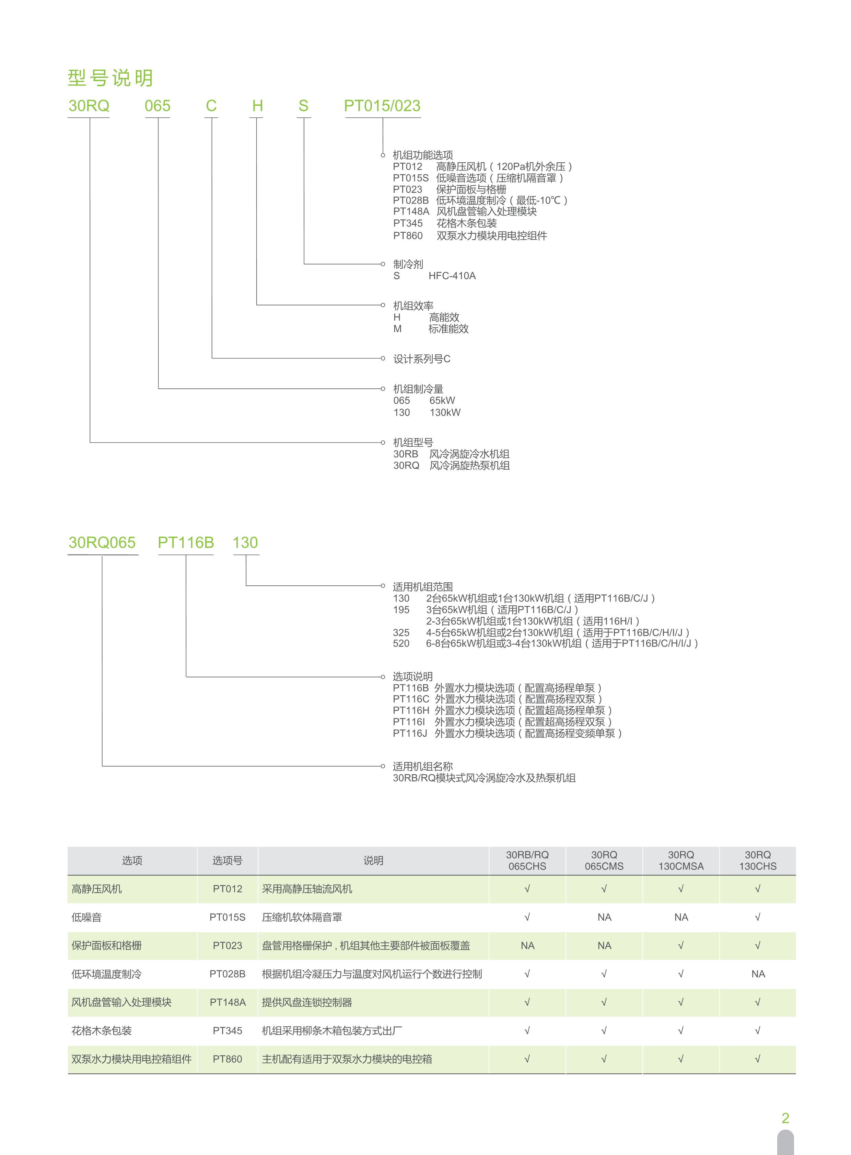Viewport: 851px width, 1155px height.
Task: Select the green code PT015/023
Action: click(x=382, y=106)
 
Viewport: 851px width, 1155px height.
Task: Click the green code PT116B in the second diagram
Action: click(x=186, y=542)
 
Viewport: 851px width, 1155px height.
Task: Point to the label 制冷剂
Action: click(x=408, y=264)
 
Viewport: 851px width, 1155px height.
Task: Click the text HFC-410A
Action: click(x=452, y=276)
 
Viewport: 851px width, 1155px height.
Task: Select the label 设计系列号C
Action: click(x=421, y=359)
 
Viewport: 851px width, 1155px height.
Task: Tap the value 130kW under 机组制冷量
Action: click(x=445, y=413)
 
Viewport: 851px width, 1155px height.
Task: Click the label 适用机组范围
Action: click(x=422, y=587)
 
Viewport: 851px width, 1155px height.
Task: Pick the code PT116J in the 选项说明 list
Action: click(x=410, y=733)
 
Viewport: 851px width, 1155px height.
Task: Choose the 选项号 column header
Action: click(x=227, y=860)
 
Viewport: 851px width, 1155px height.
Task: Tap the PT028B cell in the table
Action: click(x=227, y=974)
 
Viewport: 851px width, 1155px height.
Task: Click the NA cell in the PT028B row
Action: click(x=758, y=974)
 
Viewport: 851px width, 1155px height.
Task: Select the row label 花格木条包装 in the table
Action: click(x=102, y=1030)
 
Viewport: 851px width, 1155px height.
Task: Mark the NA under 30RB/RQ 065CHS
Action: click(x=527, y=945)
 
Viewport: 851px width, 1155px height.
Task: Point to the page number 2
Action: click(x=785, y=1118)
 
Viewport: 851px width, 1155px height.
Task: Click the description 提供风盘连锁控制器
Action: click(x=307, y=1002)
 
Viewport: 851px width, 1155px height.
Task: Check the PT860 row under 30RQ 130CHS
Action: click(x=758, y=1059)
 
